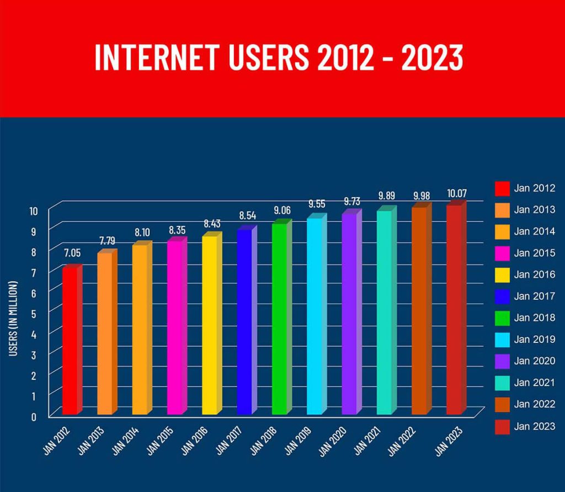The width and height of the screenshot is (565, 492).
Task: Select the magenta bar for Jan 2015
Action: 175,328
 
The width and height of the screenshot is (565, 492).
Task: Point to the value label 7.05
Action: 71,253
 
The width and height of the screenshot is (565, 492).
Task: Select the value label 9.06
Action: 281,210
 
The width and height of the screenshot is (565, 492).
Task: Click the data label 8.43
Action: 211,224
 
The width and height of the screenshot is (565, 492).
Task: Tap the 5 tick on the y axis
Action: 34,313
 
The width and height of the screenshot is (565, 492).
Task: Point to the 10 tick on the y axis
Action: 32,210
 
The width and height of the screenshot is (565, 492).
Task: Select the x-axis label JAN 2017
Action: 227,439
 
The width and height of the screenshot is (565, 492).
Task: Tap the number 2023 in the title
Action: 431,57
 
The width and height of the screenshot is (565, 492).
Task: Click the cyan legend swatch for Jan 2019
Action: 502,340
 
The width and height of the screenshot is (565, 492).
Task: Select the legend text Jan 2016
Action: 534,274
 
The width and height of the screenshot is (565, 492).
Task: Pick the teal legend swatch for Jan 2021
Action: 502,383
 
